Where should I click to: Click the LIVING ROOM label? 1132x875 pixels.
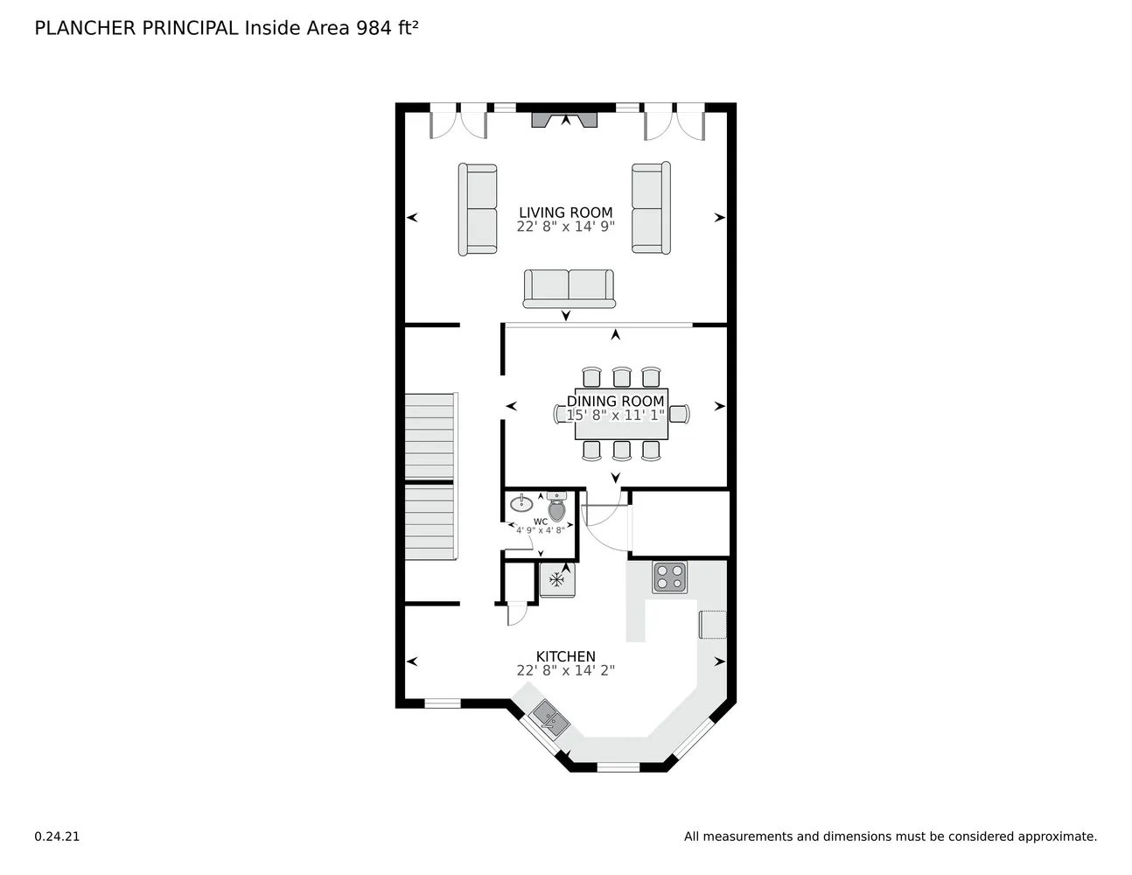(565, 213)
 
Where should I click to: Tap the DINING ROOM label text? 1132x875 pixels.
(615, 401)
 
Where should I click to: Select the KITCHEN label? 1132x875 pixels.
(565, 656)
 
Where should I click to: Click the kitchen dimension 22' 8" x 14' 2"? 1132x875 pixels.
(565, 670)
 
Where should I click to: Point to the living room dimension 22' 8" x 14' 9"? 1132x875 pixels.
(565, 227)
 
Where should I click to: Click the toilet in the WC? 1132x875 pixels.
(556, 507)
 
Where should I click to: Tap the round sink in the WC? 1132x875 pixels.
(521, 504)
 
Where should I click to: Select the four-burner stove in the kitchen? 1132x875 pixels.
(669, 577)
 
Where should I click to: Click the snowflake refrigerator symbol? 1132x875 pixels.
(557, 579)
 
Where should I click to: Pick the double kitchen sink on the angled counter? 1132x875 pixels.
(549, 719)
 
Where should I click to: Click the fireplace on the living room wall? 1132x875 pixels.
(564, 120)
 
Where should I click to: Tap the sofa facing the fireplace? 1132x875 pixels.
(569, 289)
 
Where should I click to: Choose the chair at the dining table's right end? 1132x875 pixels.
(680, 414)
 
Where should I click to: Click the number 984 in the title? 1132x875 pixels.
(374, 28)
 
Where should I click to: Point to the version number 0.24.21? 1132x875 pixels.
(57, 836)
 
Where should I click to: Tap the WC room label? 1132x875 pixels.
(541, 521)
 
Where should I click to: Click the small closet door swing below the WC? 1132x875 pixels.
(517, 613)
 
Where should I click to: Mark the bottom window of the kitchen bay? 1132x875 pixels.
(618, 767)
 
